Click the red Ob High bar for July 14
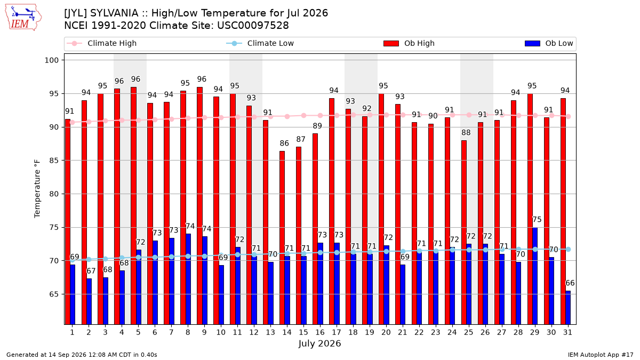coord(282,238)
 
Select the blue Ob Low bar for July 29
coord(535,276)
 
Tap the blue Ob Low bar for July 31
coord(568,308)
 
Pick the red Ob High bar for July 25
coord(463,233)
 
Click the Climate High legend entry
coord(102,43)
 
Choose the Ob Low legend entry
coord(549,43)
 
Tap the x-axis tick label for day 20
coord(386,332)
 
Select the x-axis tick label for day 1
coord(73,332)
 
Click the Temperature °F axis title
coord(37,189)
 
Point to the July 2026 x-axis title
coord(319,343)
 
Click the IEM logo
coord(23,18)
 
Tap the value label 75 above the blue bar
coord(537,219)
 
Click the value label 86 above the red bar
coord(284,143)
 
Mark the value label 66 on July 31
coord(570,283)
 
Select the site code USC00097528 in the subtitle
coord(253,26)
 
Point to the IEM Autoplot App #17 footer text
coord(601,355)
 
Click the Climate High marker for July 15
coord(303,115)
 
